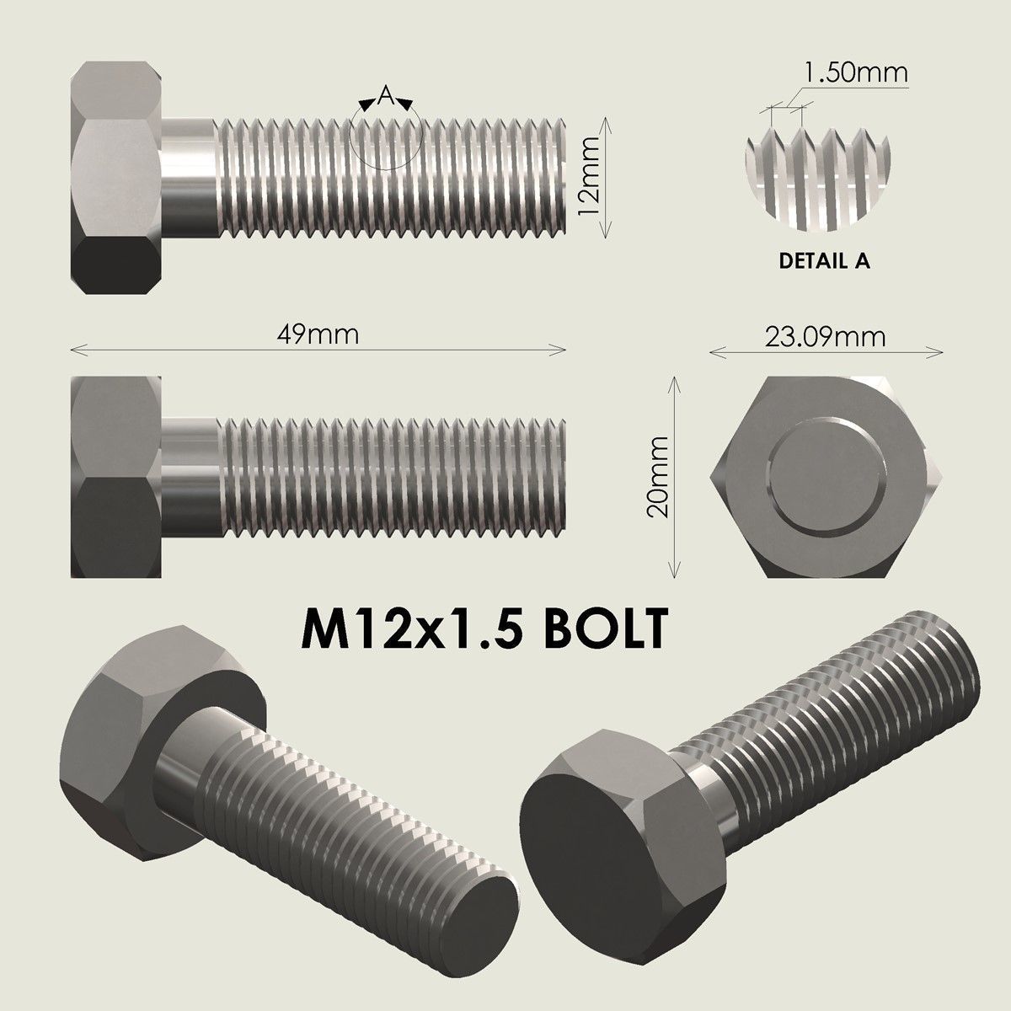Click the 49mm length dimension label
click(x=318, y=334)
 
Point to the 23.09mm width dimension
click(x=825, y=337)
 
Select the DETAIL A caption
click(x=824, y=261)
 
